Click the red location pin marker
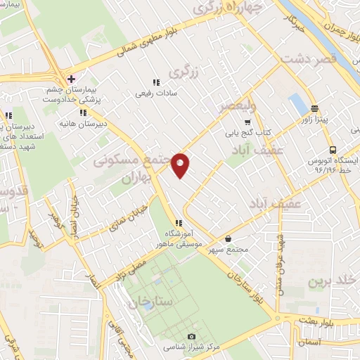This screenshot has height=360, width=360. coord(181,165)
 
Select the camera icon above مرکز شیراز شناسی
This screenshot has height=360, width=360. coord(193,337)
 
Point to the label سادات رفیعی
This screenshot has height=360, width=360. coord(157,92)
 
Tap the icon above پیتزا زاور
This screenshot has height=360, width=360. coord(314,109)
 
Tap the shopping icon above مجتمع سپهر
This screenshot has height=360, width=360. coord(230,238)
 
